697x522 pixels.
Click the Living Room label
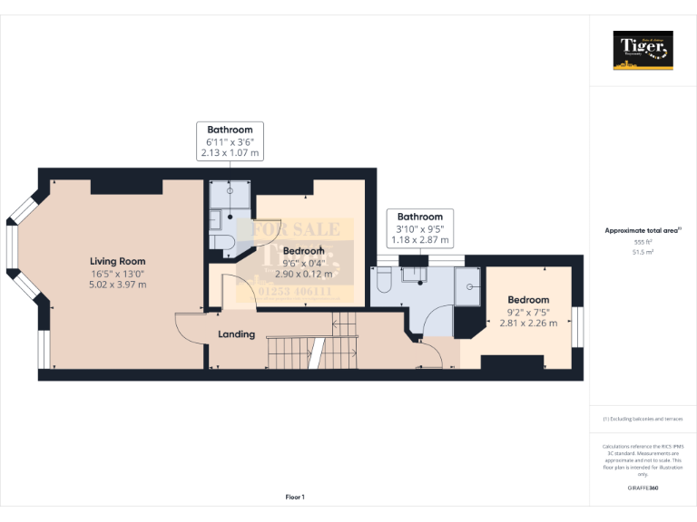click(x=118, y=261)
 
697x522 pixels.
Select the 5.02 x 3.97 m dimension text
click(x=118, y=285)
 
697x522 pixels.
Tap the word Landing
click(x=236, y=334)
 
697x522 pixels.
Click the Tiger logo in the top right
click(x=643, y=50)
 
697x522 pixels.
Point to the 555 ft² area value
click(x=643, y=243)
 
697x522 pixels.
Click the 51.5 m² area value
click(x=643, y=253)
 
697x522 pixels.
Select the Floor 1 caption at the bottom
click(x=295, y=497)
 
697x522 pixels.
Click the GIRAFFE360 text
click(x=643, y=488)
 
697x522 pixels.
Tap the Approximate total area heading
click(x=643, y=231)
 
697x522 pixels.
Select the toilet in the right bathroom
click(x=382, y=285)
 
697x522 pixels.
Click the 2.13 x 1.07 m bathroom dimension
click(x=230, y=154)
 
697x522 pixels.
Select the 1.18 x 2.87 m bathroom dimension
click(x=420, y=240)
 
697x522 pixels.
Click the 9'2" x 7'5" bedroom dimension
click(x=528, y=312)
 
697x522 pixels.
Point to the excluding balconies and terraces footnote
click(x=643, y=419)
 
